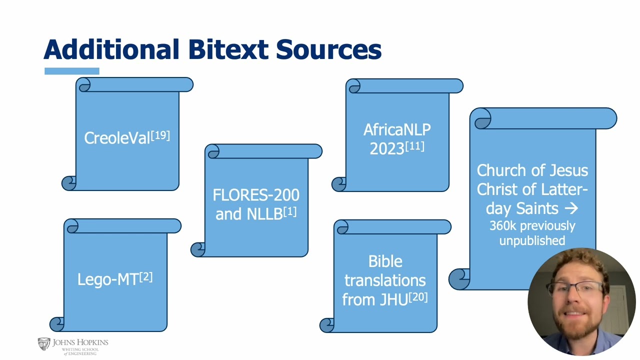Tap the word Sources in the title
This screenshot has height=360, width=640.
(328, 49)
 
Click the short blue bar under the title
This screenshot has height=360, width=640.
(72, 71)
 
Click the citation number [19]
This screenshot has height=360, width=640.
(160, 135)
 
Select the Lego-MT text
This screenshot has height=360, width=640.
(108, 279)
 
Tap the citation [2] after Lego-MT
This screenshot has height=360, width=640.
(146, 276)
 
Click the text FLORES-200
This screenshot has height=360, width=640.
(256, 195)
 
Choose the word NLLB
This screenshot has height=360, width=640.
(264, 214)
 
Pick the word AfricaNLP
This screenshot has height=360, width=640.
(397, 129)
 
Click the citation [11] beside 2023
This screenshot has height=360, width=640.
(414, 146)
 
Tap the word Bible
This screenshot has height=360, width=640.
(385, 261)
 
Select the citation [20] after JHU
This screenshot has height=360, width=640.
(418, 297)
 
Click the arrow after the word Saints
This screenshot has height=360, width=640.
(571, 208)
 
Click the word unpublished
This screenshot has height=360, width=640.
(532, 240)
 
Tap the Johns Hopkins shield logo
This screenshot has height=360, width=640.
(44, 344)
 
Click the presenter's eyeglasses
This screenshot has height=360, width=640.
(574, 289)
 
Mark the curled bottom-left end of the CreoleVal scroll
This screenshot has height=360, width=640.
(69, 183)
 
